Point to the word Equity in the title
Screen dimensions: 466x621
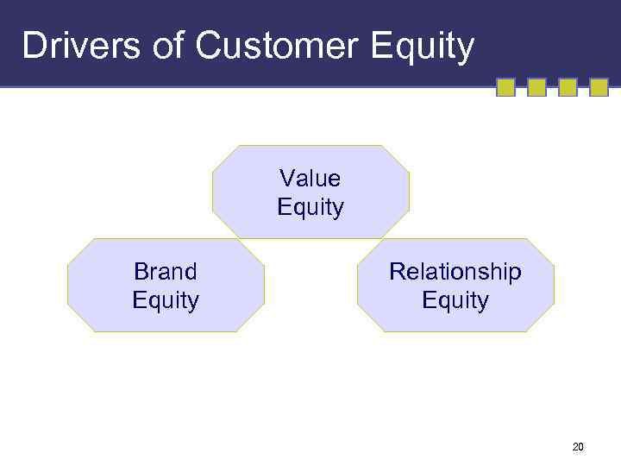[x=422, y=47]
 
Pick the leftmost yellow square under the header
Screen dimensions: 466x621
[x=506, y=87]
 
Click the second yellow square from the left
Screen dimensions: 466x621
[x=536, y=87]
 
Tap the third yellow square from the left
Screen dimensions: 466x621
[x=568, y=87]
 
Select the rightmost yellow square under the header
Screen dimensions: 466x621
[x=599, y=87]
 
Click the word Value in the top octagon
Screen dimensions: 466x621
[x=310, y=179]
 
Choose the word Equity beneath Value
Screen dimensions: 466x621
[x=310, y=208]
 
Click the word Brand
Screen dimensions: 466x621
[x=165, y=272]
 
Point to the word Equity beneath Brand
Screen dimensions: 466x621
[x=165, y=301]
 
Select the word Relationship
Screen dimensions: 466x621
[x=455, y=272]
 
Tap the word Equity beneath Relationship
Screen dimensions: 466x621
[x=455, y=301]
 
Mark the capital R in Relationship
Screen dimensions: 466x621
[x=396, y=272]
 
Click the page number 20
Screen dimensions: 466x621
[x=577, y=447]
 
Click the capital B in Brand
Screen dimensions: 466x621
[x=140, y=272]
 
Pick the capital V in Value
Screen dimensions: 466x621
[x=285, y=179]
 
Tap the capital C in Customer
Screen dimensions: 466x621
[x=210, y=46]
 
